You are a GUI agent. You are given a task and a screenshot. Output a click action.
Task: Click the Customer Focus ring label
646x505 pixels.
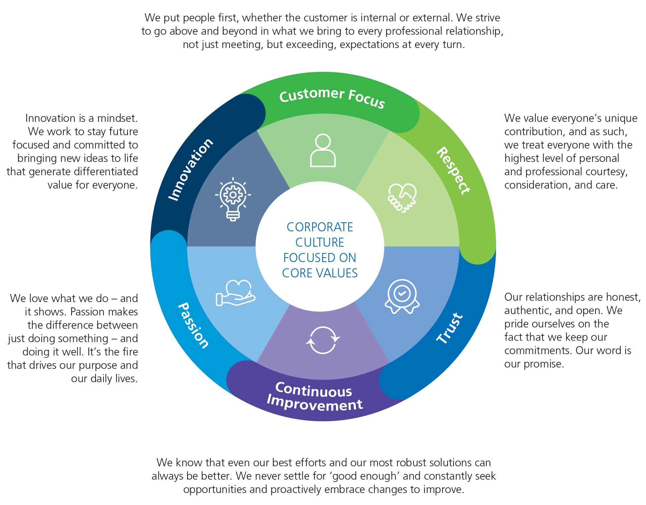tap(332, 97)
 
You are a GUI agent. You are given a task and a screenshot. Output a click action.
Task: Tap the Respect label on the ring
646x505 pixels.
tap(453, 170)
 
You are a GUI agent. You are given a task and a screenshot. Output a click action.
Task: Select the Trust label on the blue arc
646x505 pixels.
tap(450, 328)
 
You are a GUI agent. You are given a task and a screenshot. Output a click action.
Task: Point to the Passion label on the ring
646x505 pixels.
tap(193, 325)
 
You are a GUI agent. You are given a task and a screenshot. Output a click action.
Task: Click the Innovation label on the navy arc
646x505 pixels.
tap(190, 169)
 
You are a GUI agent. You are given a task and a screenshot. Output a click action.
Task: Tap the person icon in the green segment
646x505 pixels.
tap(323, 150)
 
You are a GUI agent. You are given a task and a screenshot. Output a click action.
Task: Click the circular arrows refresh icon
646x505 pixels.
tap(323, 340)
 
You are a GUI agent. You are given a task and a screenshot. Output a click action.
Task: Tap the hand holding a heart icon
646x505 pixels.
tap(236, 293)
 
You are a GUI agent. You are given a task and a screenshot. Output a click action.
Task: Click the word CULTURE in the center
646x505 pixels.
tap(320, 242)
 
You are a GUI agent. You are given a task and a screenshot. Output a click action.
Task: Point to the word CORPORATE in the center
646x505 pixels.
tap(320, 227)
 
